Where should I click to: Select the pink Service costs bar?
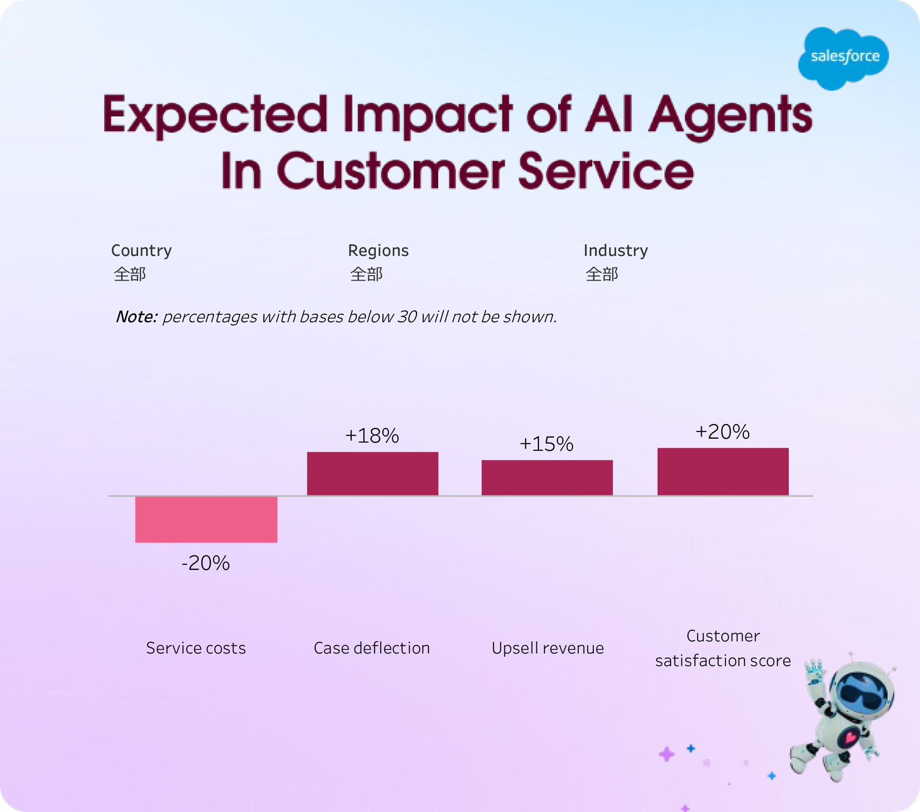206,519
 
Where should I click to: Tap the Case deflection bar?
372,473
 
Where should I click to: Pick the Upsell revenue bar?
547,478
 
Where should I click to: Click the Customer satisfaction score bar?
723,472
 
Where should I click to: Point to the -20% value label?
206,563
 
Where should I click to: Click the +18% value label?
372,436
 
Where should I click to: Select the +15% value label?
546,444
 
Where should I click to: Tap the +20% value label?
723,432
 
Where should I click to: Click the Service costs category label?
196,648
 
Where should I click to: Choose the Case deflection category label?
372,648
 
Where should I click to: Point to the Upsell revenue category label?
547,648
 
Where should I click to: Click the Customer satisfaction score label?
723,648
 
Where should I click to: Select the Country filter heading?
141,250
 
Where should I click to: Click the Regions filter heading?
378,250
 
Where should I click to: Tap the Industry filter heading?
615,250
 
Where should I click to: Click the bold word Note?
136,317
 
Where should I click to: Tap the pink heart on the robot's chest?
850,737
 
